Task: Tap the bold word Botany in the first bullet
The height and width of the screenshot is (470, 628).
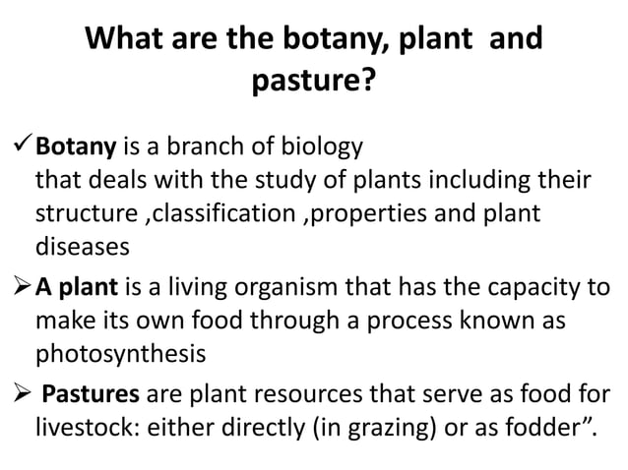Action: point(77,150)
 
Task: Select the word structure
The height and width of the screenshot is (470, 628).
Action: point(81,213)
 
